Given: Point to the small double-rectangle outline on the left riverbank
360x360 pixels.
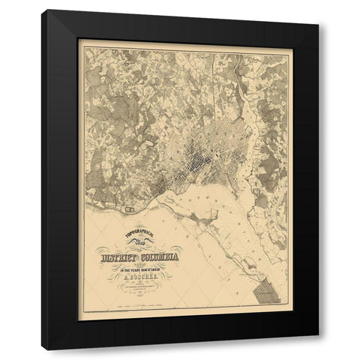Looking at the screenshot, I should (134, 199).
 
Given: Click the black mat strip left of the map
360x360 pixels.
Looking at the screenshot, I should (62, 180).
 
